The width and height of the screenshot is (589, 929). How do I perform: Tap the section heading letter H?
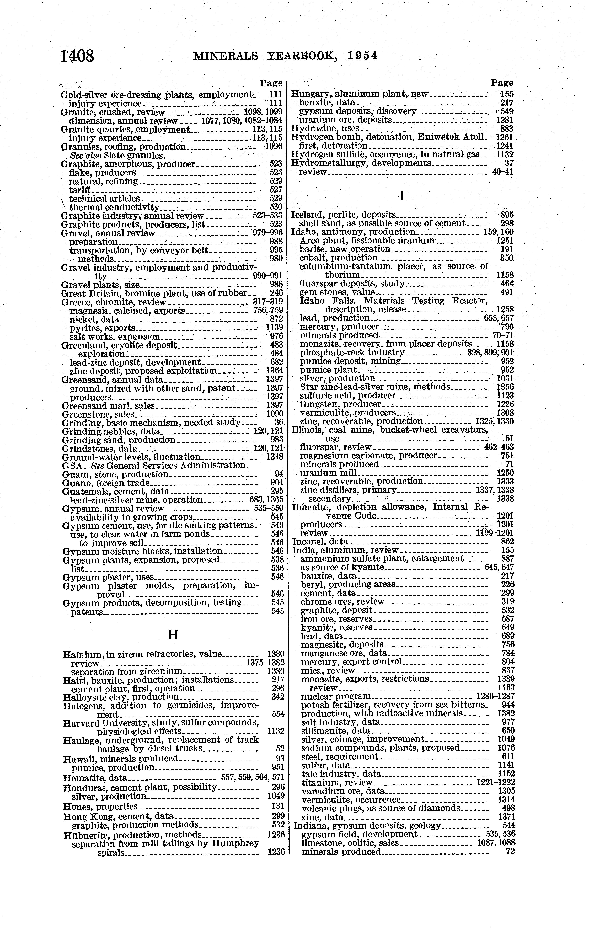click(x=173, y=635)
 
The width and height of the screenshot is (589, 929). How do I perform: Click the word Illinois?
click(x=305, y=430)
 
